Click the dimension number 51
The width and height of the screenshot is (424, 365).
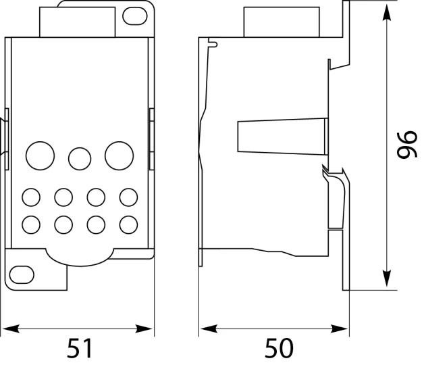point(80,348)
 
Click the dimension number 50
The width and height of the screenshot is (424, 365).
point(279,348)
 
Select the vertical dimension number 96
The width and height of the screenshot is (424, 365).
point(407,145)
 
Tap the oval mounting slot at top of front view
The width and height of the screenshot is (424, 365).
point(135,16)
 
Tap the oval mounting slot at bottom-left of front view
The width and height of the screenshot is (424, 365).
point(22,275)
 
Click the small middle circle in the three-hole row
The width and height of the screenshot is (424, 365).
point(80,159)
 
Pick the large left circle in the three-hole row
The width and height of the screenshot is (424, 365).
point(41,155)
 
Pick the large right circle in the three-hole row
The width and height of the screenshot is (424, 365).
point(120,155)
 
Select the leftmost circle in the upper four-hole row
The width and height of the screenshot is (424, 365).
point(31,197)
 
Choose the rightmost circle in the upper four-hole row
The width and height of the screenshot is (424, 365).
point(128,197)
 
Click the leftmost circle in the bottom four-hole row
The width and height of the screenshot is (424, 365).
point(31,224)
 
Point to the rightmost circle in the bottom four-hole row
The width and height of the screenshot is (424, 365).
point(128,224)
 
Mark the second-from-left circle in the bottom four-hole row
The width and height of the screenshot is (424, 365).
point(63,224)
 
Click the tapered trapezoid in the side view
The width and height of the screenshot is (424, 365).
point(283,137)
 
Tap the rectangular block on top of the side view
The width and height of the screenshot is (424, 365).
point(282,22)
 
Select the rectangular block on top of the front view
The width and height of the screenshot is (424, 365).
point(78,22)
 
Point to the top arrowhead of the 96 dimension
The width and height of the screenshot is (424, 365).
point(388,13)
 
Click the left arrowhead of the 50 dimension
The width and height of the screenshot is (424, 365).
point(209,329)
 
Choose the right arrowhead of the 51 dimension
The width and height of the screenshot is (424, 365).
point(143,329)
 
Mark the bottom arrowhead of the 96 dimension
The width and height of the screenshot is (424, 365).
point(388,279)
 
